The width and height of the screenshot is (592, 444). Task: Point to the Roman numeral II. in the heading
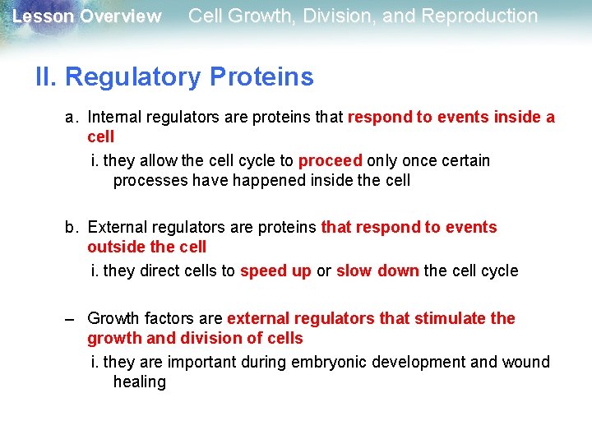coord(47,77)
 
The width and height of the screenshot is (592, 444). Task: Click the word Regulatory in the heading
coord(133,77)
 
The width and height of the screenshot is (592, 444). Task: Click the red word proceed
coord(330,160)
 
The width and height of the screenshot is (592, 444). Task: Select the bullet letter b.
coord(72,227)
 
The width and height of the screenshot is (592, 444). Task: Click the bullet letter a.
coord(72,118)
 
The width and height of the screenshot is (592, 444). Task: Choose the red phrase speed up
coord(275,271)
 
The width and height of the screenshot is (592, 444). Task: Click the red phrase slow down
coord(377,271)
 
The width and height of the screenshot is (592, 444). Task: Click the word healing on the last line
coord(139,382)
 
